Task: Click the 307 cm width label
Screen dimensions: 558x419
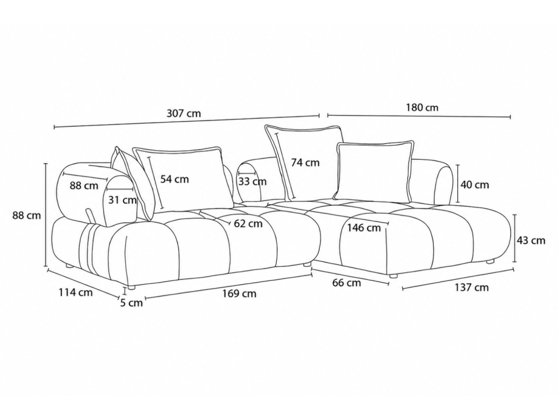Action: [184, 113]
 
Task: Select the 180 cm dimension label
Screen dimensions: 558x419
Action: [422, 107]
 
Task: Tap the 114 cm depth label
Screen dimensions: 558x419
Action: [75, 292]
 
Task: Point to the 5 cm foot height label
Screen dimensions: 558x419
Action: [131, 303]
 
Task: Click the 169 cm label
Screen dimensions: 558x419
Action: [239, 294]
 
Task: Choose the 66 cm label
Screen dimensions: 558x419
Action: [347, 283]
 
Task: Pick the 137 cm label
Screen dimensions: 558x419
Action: [471, 287]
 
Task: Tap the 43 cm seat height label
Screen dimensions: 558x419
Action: [531, 241]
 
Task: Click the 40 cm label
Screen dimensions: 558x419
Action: [475, 184]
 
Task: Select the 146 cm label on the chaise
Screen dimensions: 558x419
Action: [364, 228]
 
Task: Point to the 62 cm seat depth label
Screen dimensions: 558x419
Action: [248, 224]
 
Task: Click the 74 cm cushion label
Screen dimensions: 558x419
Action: [305, 163]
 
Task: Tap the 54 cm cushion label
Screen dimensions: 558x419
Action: [174, 179]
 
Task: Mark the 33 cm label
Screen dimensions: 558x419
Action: [252, 182]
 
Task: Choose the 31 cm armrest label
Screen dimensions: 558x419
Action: [123, 200]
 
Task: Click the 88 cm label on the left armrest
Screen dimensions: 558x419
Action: [84, 185]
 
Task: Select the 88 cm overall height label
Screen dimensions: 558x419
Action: [27, 215]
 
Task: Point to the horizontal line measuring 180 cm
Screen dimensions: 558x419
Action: [419, 116]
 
